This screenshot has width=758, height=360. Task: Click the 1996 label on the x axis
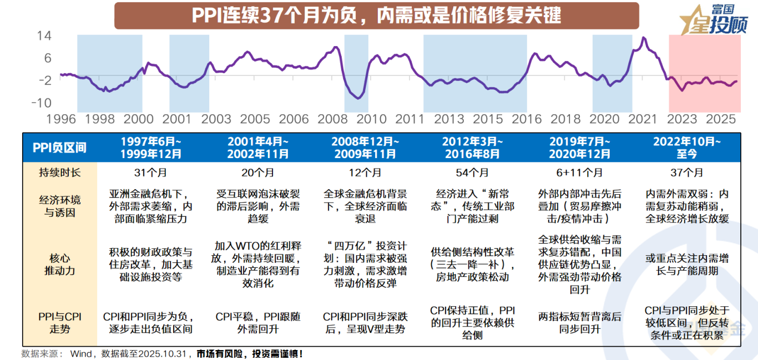[x=61, y=119]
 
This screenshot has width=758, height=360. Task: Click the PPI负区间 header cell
[x=59, y=148]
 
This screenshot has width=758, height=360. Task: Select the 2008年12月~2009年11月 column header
[x=365, y=148]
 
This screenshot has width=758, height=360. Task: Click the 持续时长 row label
[x=59, y=173]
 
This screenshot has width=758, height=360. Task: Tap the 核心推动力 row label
[x=59, y=265]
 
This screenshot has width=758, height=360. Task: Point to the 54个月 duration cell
[x=472, y=173]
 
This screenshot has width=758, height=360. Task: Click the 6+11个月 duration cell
[x=579, y=173]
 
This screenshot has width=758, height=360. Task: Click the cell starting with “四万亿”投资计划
[x=365, y=265]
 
